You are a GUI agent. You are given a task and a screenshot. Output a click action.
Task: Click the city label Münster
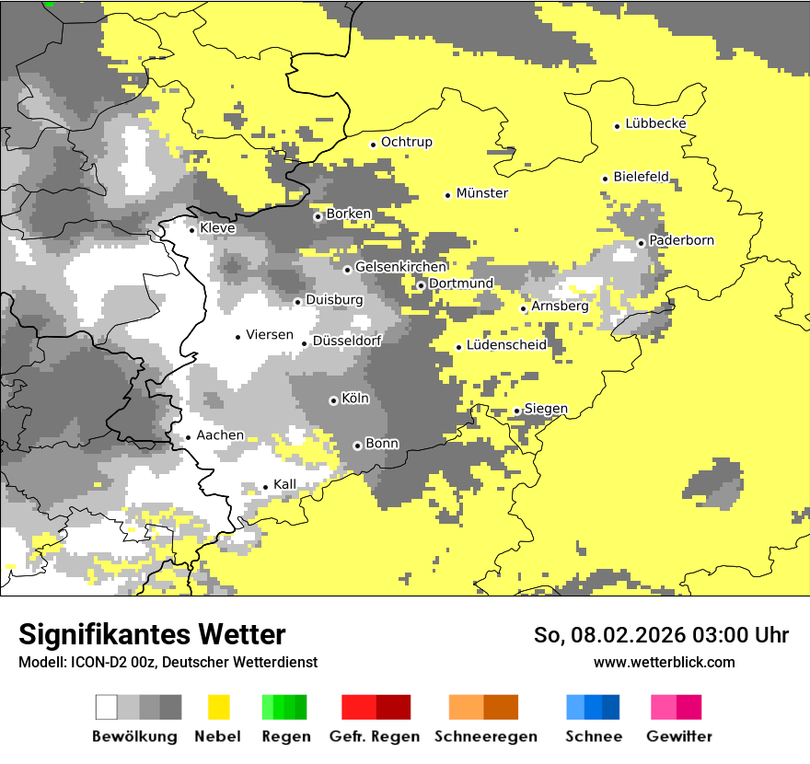pos(481,193)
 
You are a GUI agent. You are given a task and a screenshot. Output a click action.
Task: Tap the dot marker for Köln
pos(333,400)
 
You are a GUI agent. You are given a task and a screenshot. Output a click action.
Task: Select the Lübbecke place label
pos(655,123)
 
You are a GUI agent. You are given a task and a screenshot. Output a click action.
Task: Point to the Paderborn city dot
pos(641,243)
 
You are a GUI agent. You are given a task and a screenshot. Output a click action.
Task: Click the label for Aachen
pos(220,435)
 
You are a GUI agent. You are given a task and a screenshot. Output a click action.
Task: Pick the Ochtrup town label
pos(406,142)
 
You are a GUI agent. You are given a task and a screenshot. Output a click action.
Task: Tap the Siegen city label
pos(546,409)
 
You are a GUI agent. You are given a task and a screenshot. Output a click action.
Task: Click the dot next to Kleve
pos(191,230)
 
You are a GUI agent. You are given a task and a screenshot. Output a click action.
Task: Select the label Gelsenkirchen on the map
pos(400,267)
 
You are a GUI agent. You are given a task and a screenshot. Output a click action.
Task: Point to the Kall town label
pos(284,484)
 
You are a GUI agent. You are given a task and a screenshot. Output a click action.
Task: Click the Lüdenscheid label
pos(506,345)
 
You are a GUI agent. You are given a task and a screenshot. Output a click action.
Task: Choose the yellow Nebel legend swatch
pos(218,707)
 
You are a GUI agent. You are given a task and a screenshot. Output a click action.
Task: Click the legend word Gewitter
pos(678,736)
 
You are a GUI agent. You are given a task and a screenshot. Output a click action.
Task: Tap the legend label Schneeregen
pos(485,736)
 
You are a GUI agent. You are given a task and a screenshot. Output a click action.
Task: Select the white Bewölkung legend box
pos(107,707)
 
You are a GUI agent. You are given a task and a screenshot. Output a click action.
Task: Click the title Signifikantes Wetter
pos(152,635)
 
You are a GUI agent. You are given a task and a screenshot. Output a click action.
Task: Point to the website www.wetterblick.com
pos(664,662)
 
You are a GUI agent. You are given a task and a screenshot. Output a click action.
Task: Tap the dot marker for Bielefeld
pos(605,179)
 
